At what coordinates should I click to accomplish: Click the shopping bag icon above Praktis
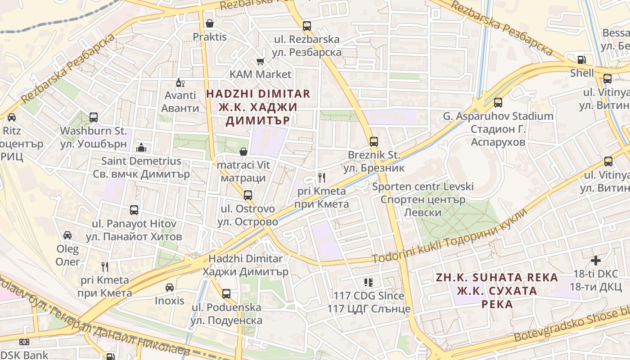pos(209,23)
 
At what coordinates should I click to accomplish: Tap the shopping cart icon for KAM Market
pos(260,61)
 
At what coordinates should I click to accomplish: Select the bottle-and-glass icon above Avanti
pos(180,83)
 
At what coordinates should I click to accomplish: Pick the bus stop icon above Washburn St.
pos(94,117)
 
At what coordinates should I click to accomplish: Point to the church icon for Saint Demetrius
pos(141,148)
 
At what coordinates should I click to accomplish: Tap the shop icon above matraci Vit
pos(243,152)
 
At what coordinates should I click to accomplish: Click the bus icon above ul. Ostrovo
pos(247,195)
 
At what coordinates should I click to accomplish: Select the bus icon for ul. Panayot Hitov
pos(134,210)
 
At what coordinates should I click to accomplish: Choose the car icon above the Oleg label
pos(67,235)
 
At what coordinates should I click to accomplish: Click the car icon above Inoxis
pos(170,287)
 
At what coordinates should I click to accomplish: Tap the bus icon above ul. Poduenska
pos(226,294)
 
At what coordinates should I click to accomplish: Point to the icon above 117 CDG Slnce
pos(369,283)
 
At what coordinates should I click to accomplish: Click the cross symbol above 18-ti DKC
pos(596,261)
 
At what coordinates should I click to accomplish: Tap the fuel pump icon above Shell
pos(582,59)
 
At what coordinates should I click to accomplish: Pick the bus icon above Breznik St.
pos(374,142)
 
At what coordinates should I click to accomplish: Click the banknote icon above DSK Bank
pos(24,342)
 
